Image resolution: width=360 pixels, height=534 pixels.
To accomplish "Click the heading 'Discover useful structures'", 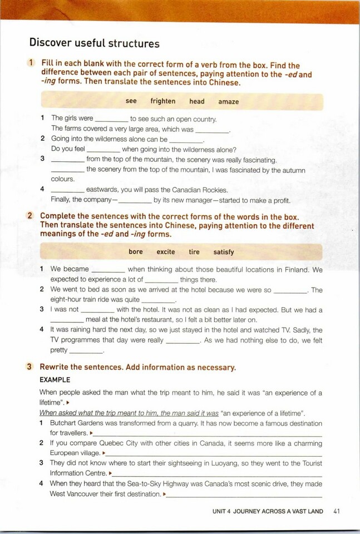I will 94,43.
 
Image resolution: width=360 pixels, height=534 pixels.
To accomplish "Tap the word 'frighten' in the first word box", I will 162,101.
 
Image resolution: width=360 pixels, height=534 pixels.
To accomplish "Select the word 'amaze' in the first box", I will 228,101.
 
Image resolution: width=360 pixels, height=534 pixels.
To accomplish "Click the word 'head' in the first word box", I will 197,101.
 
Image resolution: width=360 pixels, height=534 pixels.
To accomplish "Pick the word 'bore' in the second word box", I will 136,251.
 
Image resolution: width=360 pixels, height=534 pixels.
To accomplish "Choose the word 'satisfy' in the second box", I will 224,251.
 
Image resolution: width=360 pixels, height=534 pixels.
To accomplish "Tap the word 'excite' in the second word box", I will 166,251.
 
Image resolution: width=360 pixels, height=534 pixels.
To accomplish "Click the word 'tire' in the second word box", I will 194,251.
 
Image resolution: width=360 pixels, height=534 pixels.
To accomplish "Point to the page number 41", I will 336,511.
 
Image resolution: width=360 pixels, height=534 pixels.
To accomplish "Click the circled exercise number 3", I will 29,367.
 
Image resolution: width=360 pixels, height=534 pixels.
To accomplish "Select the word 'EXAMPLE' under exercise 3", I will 55,380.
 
